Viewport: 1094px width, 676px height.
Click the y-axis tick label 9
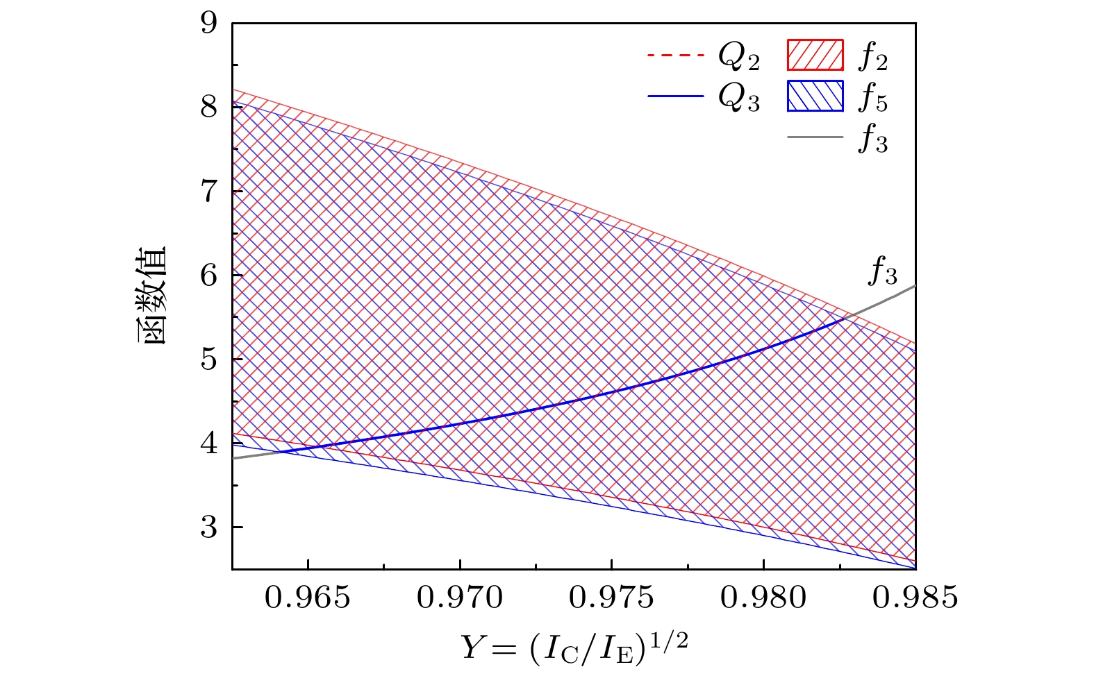click(208, 24)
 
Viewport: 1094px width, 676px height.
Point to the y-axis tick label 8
click(208, 108)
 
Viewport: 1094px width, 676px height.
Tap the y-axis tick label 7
click(208, 192)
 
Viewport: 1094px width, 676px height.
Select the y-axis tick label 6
click(208, 276)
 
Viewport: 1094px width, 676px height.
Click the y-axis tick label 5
click(208, 360)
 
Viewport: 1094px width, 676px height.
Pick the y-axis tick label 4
click(208, 443)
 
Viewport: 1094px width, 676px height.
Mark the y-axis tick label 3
click(208, 527)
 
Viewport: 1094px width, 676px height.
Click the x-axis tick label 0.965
click(308, 598)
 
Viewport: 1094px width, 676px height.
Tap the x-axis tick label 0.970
click(459, 598)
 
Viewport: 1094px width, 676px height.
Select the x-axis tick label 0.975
click(611, 598)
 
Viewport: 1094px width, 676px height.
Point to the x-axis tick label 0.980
click(763, 598)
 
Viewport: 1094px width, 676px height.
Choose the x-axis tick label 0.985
click(915, 598)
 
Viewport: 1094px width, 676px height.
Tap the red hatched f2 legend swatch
click(815, 56)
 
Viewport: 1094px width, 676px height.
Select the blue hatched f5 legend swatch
click(815, 96)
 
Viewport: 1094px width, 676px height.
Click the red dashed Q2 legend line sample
click(675, 56)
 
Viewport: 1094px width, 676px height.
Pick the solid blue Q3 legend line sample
click(675, 97)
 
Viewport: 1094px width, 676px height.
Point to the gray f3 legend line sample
click(815, 138)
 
